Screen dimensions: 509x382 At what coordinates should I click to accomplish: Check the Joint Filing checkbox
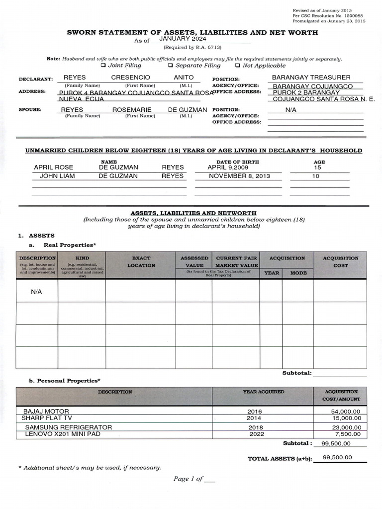[103, 66]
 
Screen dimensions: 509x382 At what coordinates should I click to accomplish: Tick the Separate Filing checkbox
[170, 66]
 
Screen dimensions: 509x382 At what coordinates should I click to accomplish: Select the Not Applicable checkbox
[238, 66]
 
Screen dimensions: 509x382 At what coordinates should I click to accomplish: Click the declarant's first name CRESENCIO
[130, 78]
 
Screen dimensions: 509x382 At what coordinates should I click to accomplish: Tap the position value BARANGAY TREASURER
[311, 78]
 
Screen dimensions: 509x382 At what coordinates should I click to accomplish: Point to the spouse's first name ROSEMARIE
[132, 110]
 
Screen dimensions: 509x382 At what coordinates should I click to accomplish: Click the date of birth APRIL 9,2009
[228, 168]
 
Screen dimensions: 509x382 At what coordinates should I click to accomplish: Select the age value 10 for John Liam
[316, 176]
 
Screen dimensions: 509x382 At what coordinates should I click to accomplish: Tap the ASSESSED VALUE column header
[194, 262]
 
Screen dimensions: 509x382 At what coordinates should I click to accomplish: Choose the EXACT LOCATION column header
[141, 262]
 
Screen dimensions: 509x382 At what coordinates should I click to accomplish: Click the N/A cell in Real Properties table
[36, 292]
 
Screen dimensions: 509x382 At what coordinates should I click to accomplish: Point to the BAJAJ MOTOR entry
[46, 412]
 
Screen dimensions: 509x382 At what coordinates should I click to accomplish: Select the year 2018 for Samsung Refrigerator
[256, 427]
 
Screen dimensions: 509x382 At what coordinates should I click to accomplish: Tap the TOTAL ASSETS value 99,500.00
[337, 458]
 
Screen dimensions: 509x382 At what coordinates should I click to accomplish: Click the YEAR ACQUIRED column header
[263, 392]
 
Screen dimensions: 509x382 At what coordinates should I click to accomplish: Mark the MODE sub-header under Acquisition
[298, 273]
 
